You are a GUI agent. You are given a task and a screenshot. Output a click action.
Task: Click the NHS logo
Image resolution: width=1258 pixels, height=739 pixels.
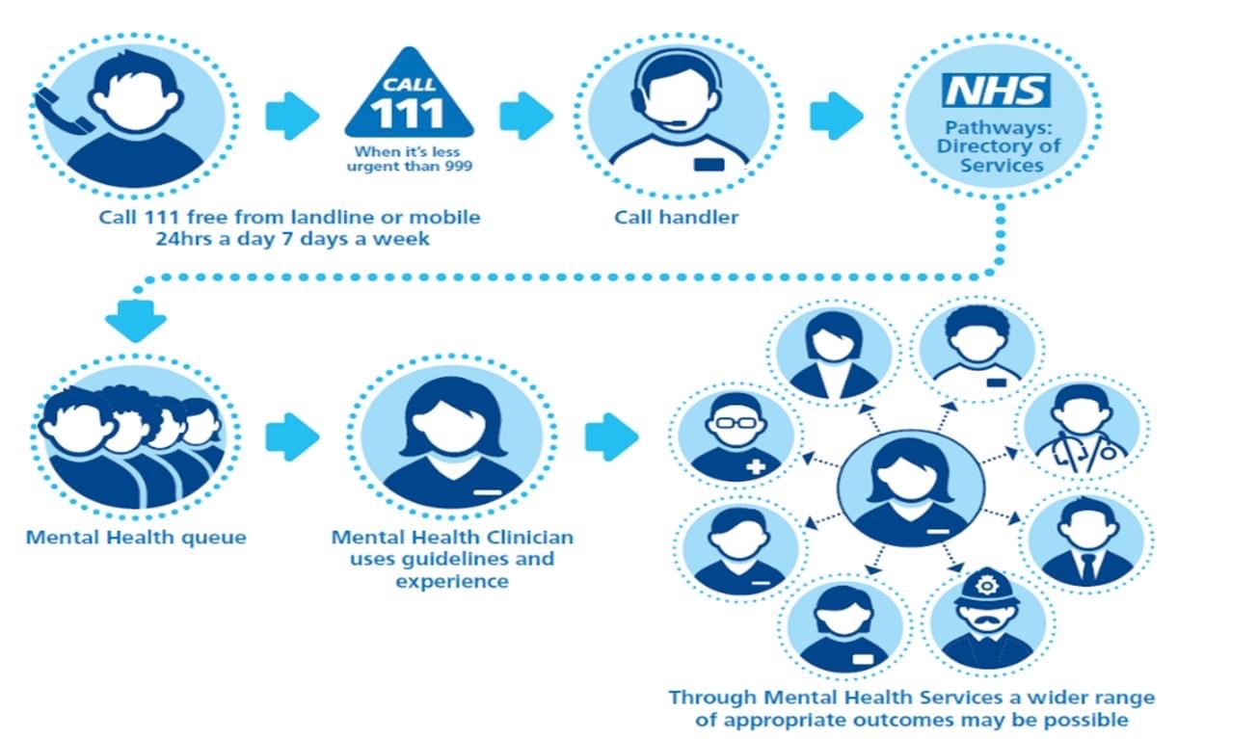996,91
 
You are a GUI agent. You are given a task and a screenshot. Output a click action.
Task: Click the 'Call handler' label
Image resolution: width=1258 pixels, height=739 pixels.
677,217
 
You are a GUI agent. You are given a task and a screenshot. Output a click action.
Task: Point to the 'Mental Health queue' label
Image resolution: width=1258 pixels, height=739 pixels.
136,537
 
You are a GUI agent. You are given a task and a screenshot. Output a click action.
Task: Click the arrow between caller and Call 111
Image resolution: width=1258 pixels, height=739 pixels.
291,116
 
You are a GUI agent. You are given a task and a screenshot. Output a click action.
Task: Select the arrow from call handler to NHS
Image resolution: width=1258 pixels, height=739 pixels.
836,116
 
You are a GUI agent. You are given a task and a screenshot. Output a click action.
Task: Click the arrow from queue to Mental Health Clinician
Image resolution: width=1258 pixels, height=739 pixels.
291,436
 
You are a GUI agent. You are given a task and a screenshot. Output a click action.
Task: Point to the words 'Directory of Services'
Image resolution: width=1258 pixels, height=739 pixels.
997,155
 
